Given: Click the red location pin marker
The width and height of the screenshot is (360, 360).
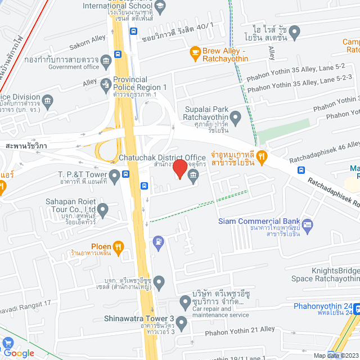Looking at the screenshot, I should pos(179,169).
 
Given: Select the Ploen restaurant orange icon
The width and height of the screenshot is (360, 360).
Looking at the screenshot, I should pos(118,246).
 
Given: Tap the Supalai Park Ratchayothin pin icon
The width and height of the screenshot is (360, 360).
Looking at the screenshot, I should pos(236,118).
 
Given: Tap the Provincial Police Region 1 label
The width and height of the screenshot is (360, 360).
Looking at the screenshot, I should pos(139,84).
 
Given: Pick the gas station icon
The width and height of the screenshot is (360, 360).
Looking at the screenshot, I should pos(159,242).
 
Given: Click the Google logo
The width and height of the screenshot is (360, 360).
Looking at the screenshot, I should pos(19,353).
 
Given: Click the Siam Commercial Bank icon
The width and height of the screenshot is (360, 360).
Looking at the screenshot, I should pos(307,226).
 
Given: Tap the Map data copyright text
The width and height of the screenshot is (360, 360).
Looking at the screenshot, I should pos(335,355).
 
